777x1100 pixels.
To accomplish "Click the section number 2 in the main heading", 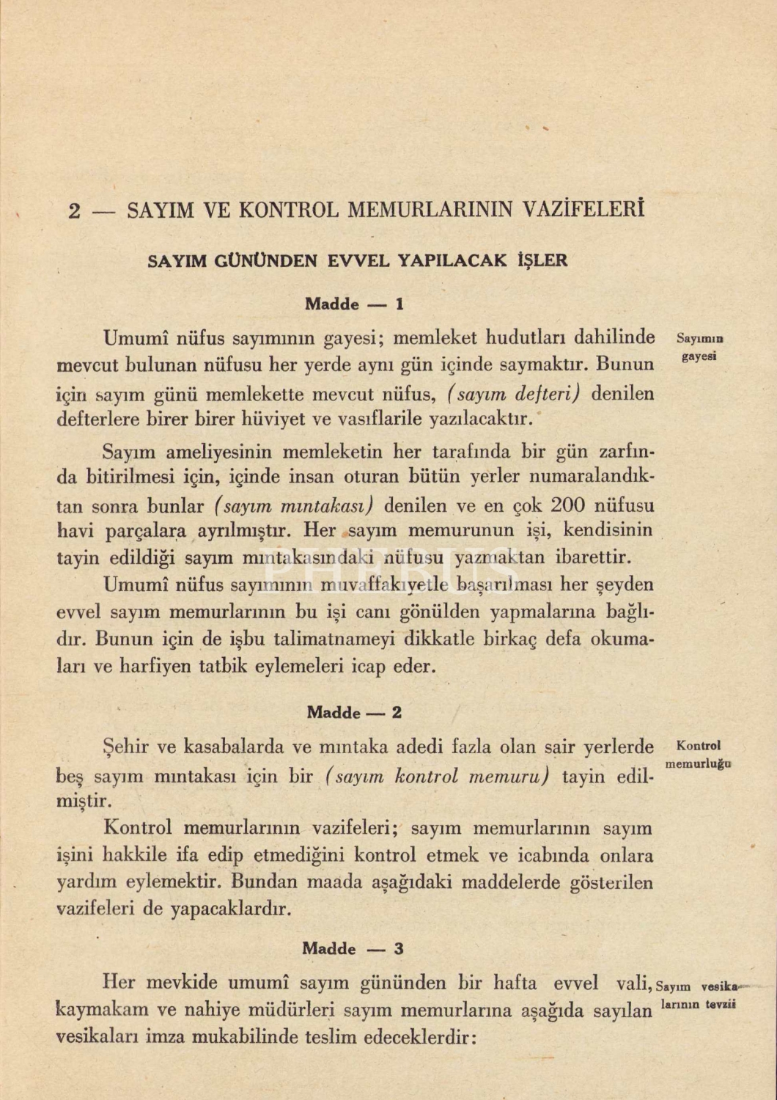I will [x=74, y=211].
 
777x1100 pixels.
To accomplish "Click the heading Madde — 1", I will [x=354, y=304].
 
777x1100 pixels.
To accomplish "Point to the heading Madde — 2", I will [x=354, y=712].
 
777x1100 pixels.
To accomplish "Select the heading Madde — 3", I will [x=353, y=948].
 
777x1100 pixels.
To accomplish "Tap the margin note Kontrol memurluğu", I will [x=699, y=755].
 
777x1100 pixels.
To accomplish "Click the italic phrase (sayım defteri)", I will [x=513, y=394].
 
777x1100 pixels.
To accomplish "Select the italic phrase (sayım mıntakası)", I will [x=295, y=505].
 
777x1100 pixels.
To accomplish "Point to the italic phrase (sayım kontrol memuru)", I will [x=436, y=775].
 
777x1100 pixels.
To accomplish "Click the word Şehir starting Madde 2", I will [x=128, y=747].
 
